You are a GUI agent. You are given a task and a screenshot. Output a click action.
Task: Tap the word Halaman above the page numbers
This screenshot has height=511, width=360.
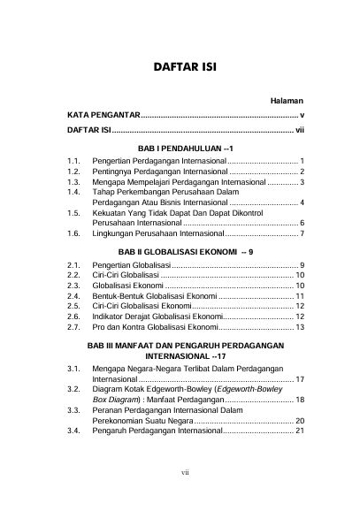click(x=287, y=103)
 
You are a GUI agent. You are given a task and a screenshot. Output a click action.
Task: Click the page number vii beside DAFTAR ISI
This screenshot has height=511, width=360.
click(x=299, y=131)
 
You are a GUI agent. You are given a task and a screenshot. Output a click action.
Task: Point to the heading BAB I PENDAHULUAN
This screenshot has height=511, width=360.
click(x=180, y=148)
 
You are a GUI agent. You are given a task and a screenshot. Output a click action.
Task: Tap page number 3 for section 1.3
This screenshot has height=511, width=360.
click(x=302, y=181)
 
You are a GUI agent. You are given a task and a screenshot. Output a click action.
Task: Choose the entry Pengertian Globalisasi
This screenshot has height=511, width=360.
click(x=130, y=265)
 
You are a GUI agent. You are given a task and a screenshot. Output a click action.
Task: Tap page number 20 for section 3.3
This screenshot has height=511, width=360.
click(x=300, y=420)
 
